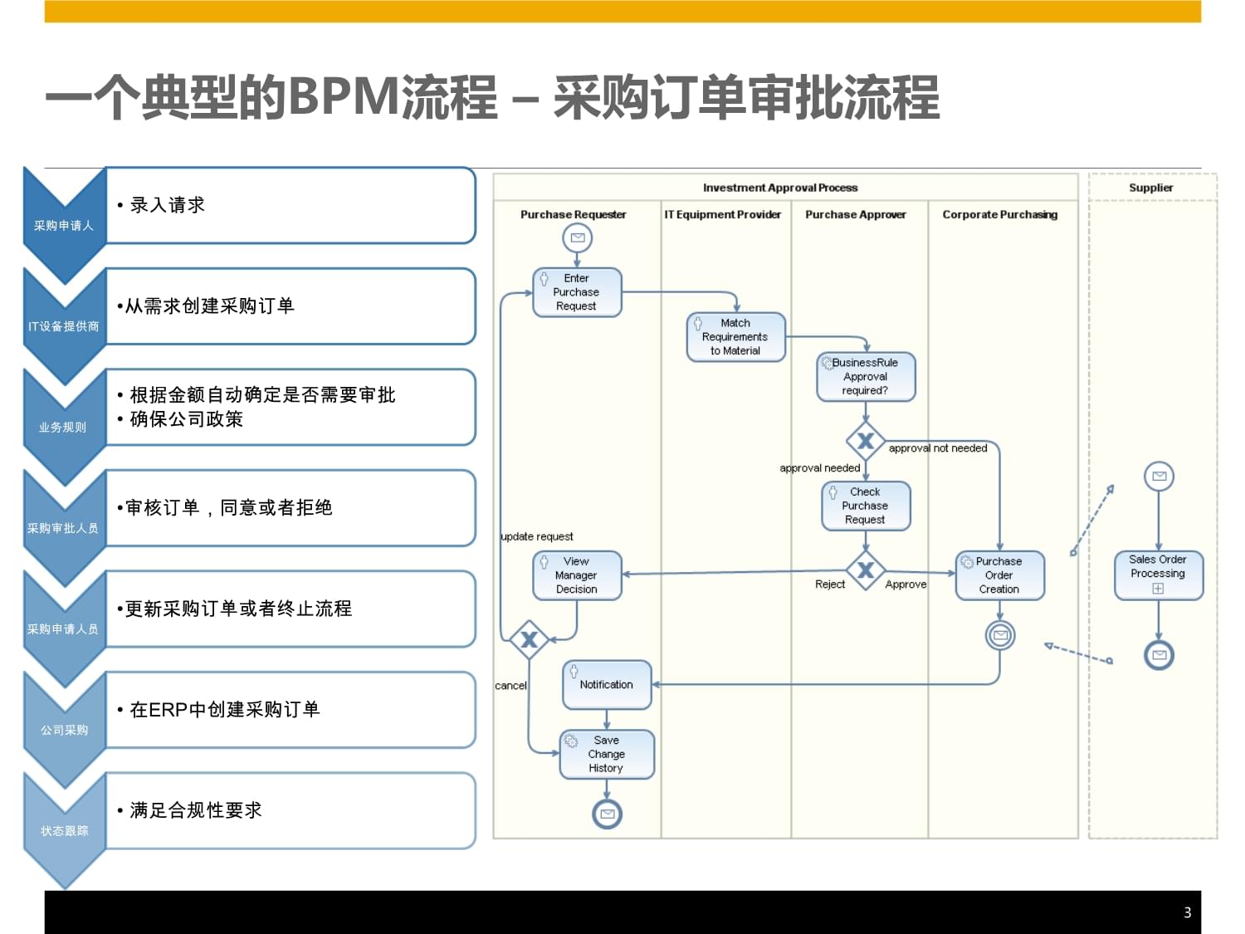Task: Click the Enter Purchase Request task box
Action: point(577,292)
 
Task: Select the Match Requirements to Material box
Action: point(735,337)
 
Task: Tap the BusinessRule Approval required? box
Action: point(866,377)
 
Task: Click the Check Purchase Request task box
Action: point(866,506)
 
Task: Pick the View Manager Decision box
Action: point(577,575)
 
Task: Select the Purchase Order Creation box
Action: point(999,575)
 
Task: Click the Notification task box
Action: point(607,685)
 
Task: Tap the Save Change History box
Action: point(607,754)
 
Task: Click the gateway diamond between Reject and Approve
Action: point(866,570)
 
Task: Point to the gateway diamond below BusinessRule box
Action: point(866,441)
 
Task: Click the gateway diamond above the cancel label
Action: point(529,639)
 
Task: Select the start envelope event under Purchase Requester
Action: point(577,238)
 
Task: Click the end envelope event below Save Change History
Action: point(607,814)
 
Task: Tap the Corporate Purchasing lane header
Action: point(999,214)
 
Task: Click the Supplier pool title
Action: point(1151,188)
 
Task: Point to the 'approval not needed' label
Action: point(938,448)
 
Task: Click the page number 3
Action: point(1187,912)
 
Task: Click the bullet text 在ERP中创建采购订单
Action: point(224,710)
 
